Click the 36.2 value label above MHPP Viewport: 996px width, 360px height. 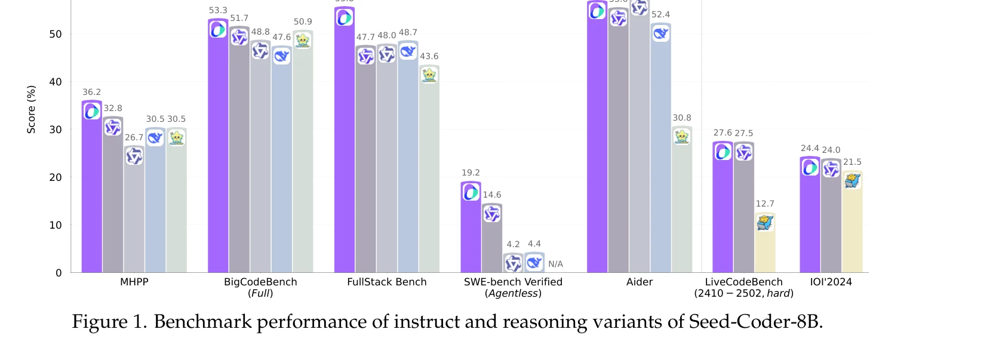pos(91,92)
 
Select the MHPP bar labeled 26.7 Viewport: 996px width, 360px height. pos(134,215)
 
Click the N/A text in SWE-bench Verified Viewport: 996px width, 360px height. pos(555,264)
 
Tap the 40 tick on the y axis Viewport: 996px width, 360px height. pos(56,82)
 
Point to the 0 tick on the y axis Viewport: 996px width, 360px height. pos(59,273)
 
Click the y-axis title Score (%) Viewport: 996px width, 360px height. pos(31,109)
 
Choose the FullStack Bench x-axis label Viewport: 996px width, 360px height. pos(387,282)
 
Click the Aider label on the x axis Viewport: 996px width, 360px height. pos(640,282)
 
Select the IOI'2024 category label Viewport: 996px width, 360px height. pos(831,282)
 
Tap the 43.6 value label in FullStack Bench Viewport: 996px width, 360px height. pos(429,56)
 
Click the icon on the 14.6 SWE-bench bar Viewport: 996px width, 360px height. pos(492,214)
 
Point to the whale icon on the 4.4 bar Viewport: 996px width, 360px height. pos(534,262)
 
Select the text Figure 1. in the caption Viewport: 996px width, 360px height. pos(109,322)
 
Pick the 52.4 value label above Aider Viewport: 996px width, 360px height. pos(660,14)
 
